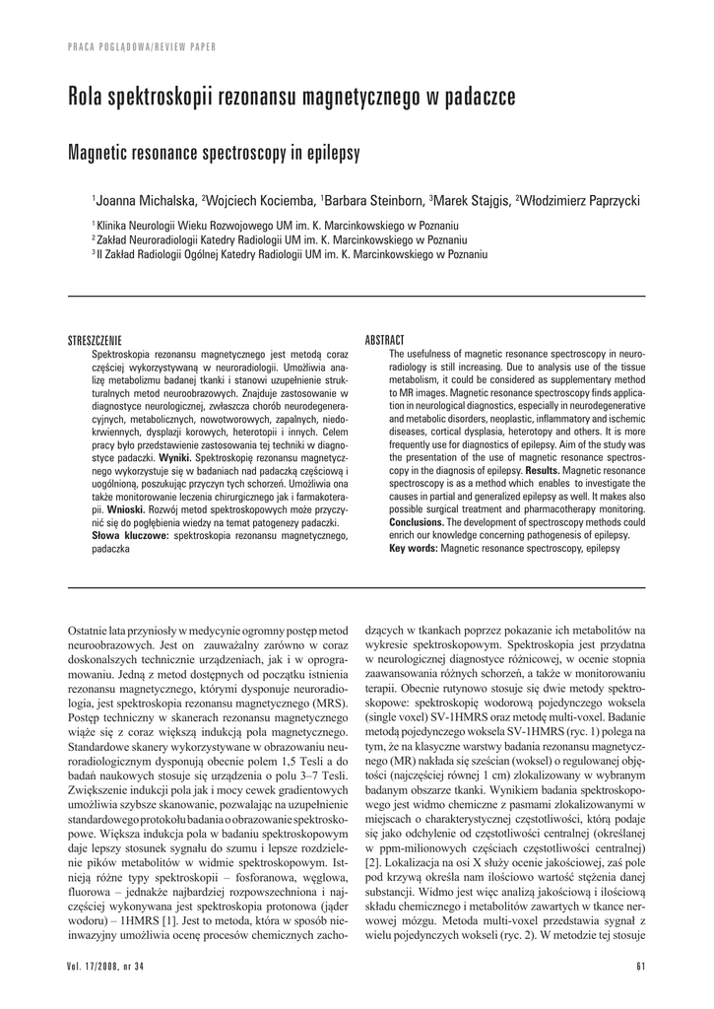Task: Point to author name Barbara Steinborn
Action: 376,201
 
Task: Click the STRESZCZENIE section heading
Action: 94,340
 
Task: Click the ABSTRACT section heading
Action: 385,340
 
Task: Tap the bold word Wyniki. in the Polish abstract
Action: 175,458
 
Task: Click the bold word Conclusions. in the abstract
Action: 420,522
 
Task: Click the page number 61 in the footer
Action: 640,964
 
